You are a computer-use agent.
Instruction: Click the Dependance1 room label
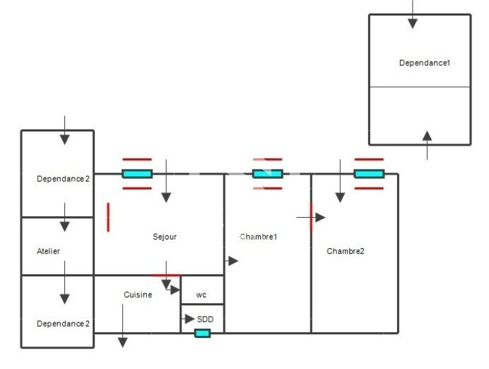(x=425, y=63)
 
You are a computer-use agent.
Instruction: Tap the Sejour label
(x=165, y=237)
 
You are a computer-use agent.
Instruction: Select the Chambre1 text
(x=259, y=237)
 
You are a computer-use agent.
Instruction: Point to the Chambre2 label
(x=346, y=251)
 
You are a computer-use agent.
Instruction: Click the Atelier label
(x=48, y=251)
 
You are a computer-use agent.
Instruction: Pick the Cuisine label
(x=138, y=295)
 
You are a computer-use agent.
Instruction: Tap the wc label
(x=201, y=295)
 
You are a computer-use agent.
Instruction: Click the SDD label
(x=205, y=320)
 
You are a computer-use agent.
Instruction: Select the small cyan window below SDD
(x=202, y=334)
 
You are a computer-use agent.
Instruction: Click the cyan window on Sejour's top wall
(x=137, y=174)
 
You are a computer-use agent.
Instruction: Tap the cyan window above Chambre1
(x=268, y=174)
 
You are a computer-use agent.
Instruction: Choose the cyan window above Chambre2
(x=369, y=174)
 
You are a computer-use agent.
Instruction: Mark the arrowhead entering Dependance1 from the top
(x=413, y=23)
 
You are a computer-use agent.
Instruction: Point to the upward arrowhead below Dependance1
(x=427, y=136)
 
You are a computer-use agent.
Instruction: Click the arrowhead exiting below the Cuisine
(x=122, y=342)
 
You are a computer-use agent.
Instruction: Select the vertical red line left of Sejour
(x=108, y=218)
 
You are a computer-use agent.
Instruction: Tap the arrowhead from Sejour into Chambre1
(x=233, y=261)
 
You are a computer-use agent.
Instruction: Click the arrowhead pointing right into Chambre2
(x=320, y=218)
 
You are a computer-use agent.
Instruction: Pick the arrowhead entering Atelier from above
(x=64, y=226)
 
